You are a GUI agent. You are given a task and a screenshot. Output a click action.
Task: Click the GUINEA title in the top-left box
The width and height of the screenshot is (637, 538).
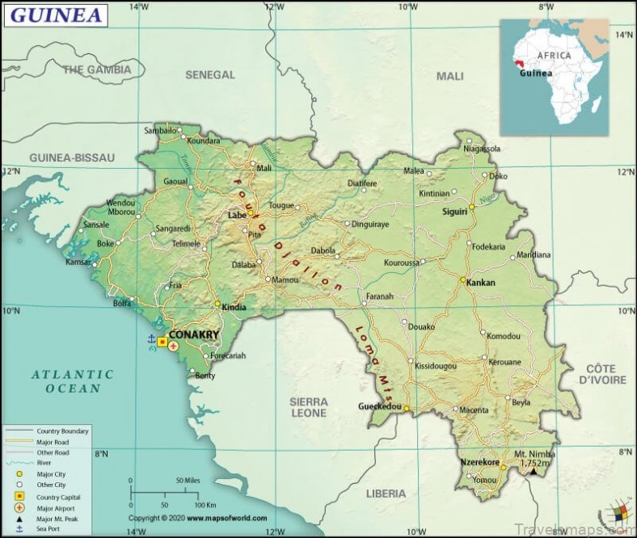[55, 15]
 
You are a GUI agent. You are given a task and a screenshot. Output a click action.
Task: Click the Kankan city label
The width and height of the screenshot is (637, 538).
[480, 283]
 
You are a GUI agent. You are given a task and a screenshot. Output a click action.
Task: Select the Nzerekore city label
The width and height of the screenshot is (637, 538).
[479, 461]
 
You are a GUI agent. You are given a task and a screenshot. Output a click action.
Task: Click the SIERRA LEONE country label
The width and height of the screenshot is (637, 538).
[309, 407]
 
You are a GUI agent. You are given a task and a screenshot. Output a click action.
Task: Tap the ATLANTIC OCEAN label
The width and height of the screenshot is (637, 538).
[73, 381]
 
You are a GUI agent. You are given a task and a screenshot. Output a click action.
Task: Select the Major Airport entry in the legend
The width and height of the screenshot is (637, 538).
[56, 506]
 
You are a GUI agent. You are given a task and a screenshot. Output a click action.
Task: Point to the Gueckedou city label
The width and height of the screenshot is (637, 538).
[380, 407]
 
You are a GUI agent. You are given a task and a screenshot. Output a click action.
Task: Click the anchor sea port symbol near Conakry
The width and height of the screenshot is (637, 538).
[150, 340]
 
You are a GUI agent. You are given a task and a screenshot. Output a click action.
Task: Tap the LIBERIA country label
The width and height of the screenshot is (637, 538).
[386, 493]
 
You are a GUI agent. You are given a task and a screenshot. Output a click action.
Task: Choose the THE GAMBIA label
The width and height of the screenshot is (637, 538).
[97, 70]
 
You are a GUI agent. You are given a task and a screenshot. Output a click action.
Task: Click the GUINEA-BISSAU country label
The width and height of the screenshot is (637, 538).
[72, 157]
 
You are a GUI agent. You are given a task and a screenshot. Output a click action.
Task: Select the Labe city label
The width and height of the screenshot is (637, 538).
[237, 216]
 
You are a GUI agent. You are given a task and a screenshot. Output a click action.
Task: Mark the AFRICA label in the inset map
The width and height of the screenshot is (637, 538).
[555, 56]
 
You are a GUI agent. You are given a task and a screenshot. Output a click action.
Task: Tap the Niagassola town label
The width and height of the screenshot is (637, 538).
[483, 149]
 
